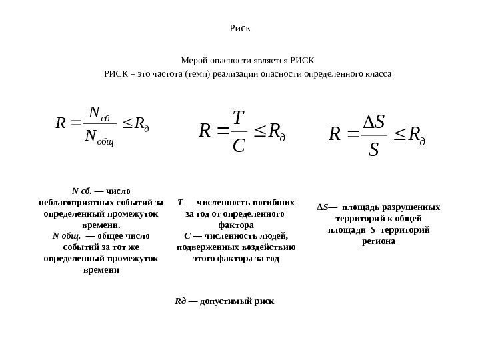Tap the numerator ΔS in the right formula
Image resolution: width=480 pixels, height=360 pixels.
373,122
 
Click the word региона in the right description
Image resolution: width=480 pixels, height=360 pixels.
379,241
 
